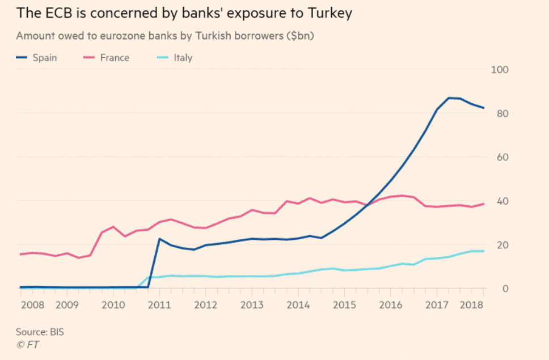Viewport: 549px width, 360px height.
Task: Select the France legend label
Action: coord(115,57)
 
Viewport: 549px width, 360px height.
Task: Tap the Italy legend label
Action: coord(183,57)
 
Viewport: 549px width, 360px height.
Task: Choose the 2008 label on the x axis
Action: coord(32,305)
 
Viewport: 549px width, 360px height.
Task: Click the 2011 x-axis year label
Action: coord(160,305)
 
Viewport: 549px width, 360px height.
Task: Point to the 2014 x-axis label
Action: coord(298,305)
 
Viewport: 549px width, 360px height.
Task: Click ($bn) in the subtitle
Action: coord(299,36)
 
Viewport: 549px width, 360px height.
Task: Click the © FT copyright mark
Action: coord(28,344)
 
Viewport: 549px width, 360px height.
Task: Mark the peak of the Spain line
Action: coord(449,98)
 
